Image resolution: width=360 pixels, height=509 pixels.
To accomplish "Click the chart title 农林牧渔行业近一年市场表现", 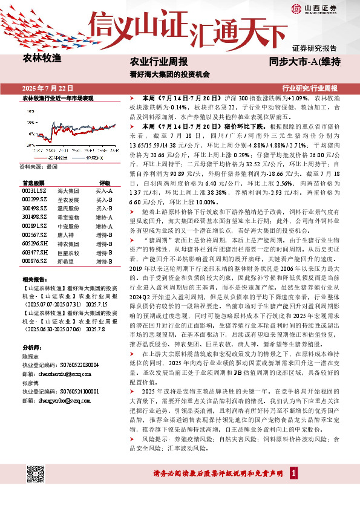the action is point(57,98).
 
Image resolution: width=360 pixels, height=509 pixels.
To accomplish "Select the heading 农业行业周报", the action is point(159,62).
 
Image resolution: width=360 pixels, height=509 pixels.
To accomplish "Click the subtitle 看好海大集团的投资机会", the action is point(169,74).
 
